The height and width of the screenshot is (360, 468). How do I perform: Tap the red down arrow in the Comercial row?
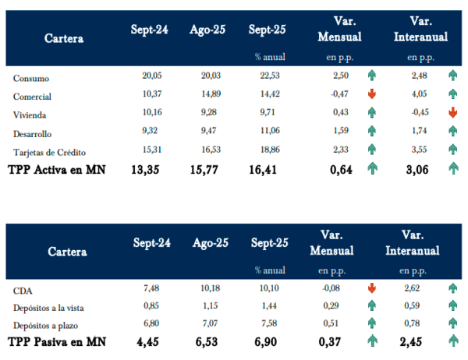(x=373, y=94)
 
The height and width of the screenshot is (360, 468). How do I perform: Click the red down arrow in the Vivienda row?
(x=452, y=112)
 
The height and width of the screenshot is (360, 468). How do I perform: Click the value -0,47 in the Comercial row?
(x=339, y=94)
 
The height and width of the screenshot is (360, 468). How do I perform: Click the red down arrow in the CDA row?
(x=373, y=287)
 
